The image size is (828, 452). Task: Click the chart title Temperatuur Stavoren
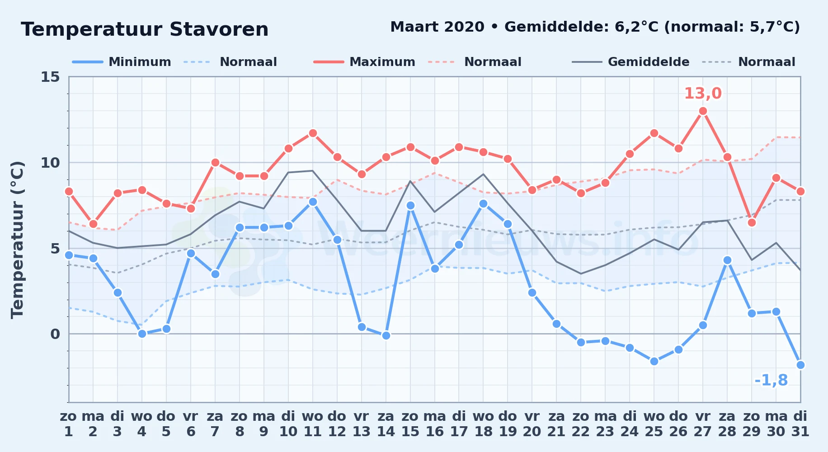click(x=145, y=30)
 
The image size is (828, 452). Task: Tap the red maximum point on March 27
click(x=703, y=111)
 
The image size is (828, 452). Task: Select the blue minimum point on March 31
click(x=800, y=365)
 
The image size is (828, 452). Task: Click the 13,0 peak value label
click(x=703, y=94)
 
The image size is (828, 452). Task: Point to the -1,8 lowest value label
click(x=771, y=381)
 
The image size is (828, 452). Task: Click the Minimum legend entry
click(x=122, y=62)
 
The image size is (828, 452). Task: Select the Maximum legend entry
click(x=364, y=62)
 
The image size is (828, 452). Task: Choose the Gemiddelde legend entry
click(x=631, y=62)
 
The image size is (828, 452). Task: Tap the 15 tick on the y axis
click(x=50, y=77)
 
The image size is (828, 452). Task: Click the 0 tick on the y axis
click(x=55, y=334)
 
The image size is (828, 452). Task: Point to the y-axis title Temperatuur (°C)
click(x=17, y=240)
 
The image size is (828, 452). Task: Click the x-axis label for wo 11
click(x=313, y=424)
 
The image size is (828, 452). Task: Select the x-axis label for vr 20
click(x=532, y=424)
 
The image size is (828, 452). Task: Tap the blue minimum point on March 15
click(x=410, y=205)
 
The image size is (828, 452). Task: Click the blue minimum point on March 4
click(x=142, y=334)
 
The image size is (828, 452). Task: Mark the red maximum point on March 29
click(x=752, y=222)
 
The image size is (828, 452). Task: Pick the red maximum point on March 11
click(x=313, y=133)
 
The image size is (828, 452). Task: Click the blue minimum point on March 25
click(x=654, y=361)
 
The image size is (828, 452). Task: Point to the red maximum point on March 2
click(x=93, y=224)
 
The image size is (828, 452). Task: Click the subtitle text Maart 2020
click(x=437, y=27)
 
